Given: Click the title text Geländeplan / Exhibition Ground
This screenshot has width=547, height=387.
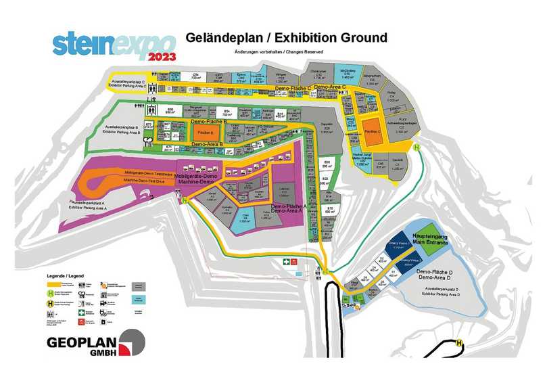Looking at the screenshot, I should [285, 37].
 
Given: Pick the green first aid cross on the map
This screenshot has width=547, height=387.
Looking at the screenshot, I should [287, 261].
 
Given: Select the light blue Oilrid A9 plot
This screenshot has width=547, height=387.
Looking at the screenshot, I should [245, 219].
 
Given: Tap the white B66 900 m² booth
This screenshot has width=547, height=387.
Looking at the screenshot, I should [171, 111].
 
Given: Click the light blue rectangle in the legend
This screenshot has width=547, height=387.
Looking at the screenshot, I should [139, 298].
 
